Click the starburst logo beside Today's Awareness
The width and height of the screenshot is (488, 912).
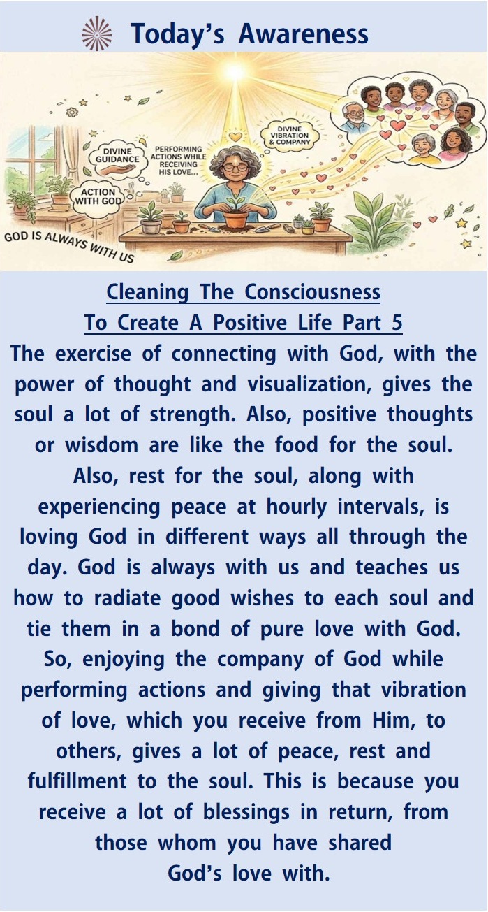click(x=97, y=34)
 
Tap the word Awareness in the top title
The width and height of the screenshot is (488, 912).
click(x=304, y=34)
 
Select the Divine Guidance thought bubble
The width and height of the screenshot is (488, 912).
click(x=117, y=155)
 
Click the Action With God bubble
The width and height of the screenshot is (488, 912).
click(x=98, y=196)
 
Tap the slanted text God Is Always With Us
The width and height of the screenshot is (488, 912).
click(x=69, y=247)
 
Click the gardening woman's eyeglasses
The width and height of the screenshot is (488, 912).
click(x=234, y=166)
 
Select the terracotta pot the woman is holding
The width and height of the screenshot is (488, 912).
click(x=236, y=218)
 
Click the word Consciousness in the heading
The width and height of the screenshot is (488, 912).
click(x=313, y=292)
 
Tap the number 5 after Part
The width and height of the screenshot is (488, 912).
click(x=397, y=323)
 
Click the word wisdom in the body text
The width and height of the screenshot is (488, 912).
click(x=102, y=445)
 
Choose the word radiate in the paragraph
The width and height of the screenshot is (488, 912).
click(x=127, y=598)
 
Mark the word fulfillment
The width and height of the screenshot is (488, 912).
click(x=77, y=781)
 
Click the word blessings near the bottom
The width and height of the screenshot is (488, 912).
click(x=246, y=812)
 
